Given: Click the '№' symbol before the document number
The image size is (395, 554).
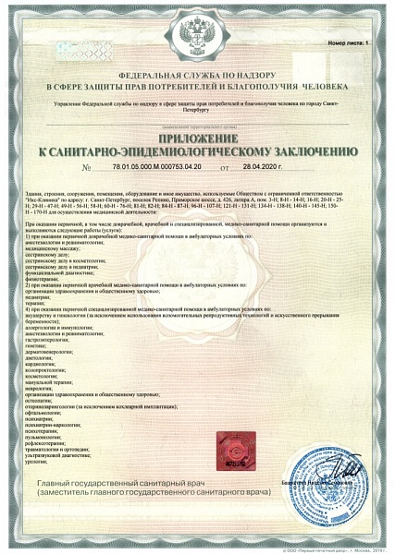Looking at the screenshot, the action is point(88,168).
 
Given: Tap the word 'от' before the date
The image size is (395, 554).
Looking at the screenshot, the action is point(225,168).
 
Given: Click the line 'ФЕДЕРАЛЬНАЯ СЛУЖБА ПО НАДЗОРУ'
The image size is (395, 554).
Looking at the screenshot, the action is point(196,73).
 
